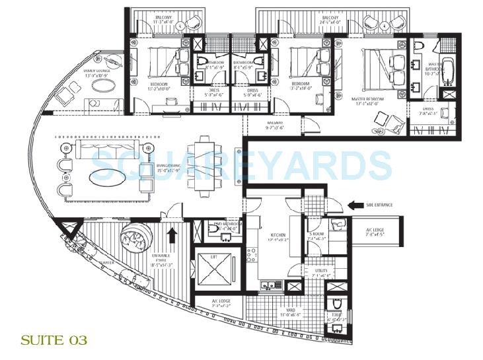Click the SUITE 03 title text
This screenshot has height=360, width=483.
tap(54, 341)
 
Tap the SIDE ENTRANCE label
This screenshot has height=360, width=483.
tap(379, 205)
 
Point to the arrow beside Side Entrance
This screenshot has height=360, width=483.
tap(354, 205)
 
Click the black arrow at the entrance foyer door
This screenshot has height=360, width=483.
tap(173, 233)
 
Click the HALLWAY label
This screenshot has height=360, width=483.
tap(274, 125)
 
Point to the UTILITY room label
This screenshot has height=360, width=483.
tap(322, 272)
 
